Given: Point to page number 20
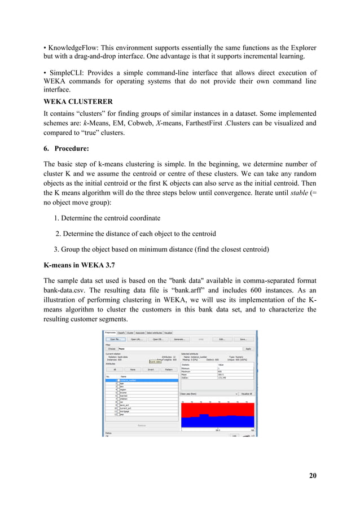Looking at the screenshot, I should [312, 476].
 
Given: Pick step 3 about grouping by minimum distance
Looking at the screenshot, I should [153, 248].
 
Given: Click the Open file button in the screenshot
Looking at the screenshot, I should [114, 340].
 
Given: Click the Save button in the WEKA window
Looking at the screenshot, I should [243, 340].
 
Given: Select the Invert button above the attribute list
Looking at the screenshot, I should [151, 370].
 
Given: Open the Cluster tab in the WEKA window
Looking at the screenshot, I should [130, 333].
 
